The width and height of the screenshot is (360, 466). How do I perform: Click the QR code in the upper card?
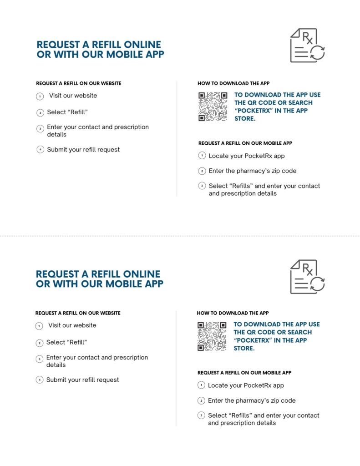(213, 107)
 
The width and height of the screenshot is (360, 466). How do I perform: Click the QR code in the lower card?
(212, 336)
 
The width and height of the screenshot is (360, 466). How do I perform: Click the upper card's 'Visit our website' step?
(73, 96)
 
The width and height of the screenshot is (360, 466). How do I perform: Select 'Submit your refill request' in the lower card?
(82, 380)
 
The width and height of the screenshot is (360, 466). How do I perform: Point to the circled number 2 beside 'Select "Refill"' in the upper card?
(40, 112)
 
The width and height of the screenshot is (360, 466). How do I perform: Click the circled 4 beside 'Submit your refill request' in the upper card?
(40, 150)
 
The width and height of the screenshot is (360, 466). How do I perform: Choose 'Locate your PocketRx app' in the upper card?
(247, 156)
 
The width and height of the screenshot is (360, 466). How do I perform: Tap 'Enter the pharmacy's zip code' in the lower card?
(252, 400)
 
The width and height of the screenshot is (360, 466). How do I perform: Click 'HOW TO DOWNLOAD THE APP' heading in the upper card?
(233, 84)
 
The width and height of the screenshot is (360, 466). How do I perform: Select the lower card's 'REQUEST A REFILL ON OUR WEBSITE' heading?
(78, 313)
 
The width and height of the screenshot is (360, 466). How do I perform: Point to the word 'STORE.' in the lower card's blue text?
(244, 348)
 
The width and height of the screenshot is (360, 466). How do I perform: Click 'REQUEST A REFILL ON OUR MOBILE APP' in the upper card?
(245, 143)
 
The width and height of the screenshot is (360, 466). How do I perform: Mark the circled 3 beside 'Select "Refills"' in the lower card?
(201, 415)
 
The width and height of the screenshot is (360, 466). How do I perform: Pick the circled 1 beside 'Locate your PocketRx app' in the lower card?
(201, 385)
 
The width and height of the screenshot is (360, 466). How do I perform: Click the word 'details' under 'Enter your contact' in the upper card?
(57, 134)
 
